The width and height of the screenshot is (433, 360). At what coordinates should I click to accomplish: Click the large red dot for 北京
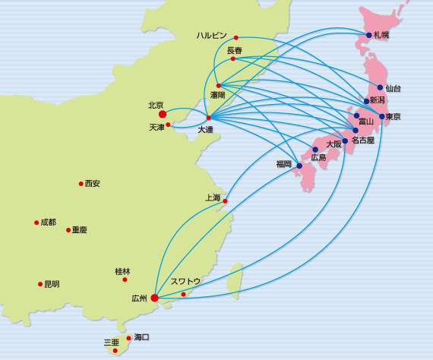tap(163, 115)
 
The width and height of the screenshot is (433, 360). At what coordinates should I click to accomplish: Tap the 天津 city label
tap(156, 128)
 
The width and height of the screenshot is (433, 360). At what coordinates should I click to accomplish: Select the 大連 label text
tap(205, 130)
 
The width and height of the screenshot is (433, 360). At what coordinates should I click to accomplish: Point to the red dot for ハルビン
tap(236, 37)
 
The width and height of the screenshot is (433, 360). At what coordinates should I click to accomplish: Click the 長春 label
tap(234, 50)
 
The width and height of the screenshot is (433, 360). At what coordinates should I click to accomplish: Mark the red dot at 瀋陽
tap(218, 86)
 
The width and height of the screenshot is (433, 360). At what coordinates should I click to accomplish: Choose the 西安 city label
tap(92, 184)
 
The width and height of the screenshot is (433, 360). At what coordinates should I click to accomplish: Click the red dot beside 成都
tap(36, 223)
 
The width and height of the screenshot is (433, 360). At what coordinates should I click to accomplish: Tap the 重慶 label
tap(79, 229)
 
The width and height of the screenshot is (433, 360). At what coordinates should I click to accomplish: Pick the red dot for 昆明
tap(40, 284)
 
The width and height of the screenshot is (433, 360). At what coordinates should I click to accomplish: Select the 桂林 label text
tap(122, 271)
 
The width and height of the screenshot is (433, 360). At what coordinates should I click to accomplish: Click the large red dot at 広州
tap(155, 298)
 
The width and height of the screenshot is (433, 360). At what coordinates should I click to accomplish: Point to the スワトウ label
tap(185, 281)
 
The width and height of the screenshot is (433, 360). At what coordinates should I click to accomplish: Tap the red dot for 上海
tap(225, 201)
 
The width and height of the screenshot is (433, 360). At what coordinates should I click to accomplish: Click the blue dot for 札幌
tap(369, 35)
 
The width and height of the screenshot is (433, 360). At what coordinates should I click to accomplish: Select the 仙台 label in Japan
tap(393, 89)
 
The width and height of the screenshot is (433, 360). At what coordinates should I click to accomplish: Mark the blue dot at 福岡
tap(299, 166)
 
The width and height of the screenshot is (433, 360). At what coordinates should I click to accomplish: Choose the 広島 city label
tap(318, 158)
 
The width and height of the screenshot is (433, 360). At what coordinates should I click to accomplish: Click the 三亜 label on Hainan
tap(111, 343)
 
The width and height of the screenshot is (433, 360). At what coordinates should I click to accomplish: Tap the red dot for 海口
tap(129, 338)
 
